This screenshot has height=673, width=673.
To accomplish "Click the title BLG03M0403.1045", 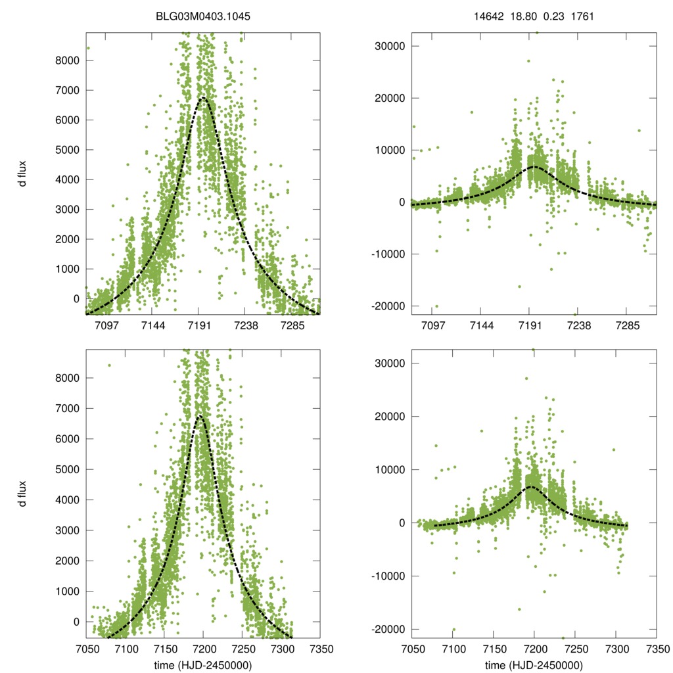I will (203, 16).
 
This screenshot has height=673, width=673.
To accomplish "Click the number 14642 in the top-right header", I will (488, 16).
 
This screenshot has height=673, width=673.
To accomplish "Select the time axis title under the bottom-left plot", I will (203, 665).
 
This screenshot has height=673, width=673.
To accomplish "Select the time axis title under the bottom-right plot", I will (534, 665).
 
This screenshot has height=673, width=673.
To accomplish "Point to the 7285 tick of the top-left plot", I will (292, 325).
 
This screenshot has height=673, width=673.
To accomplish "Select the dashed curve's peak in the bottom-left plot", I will (200, 416).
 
